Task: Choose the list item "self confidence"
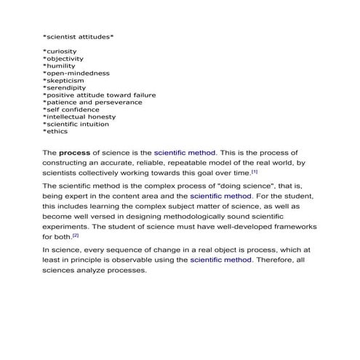click(72, 110)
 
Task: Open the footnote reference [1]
click(255, 172)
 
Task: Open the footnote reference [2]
click(75, 235)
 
